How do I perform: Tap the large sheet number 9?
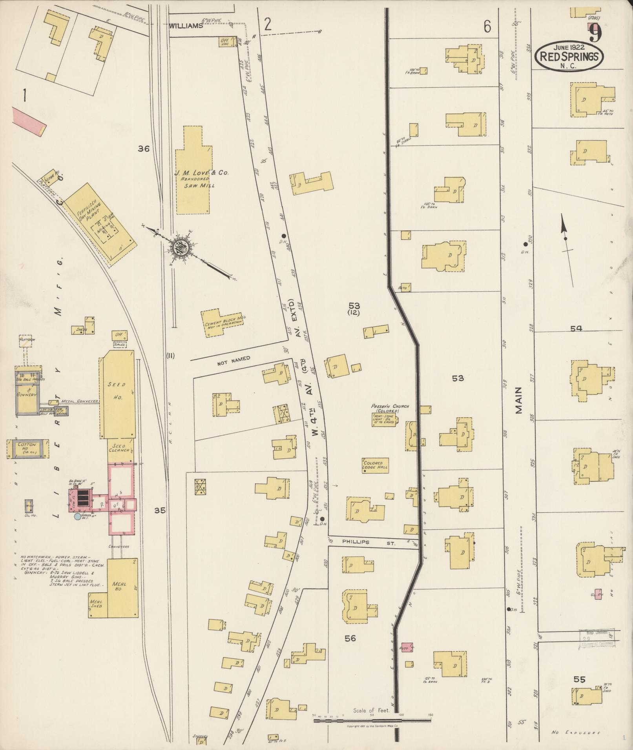(595, 33)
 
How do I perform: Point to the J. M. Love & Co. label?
(201, 173)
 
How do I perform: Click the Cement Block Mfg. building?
(222, 322)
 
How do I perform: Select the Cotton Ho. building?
(27, 449)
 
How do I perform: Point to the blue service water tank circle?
(78, 516)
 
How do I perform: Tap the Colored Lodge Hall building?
(375, 465)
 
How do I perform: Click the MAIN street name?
(519, 400)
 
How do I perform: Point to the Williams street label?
(186, 26)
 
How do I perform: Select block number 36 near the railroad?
(144, 149)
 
